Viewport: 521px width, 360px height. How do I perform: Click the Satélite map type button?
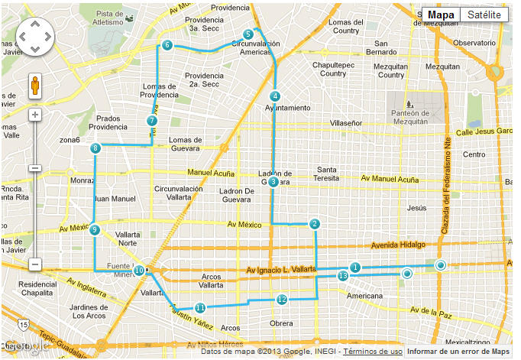484,15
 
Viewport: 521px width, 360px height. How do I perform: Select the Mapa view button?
441,15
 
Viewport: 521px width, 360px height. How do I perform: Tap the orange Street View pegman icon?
34,86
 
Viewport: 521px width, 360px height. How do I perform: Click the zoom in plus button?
34,115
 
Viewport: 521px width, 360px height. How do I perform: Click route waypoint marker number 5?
248,34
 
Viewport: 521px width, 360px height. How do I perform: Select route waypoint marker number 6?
167,46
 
